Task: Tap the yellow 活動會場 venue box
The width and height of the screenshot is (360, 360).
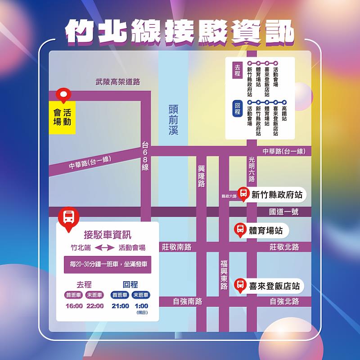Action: pos(62,117)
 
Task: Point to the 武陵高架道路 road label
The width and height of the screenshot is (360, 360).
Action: pos(118,82)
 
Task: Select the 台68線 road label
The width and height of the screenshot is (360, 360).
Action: pos(145,156)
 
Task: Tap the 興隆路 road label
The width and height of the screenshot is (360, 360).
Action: pos(201,176)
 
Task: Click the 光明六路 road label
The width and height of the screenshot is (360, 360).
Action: pos(252,169)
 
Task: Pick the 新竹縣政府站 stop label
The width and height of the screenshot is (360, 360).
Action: pos(276,195)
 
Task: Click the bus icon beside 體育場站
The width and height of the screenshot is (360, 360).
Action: pos(240,230)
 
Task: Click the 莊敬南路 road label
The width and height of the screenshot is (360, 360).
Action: pos(176,247)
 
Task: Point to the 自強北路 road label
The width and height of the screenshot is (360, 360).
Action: pos(284,301)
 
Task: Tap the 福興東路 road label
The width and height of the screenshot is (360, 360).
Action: pos(224,274)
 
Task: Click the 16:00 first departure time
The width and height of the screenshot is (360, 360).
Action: pos(74,306)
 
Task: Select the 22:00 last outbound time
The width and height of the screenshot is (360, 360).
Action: pos(95,306)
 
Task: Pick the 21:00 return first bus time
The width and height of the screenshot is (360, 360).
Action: pos(120,306)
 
